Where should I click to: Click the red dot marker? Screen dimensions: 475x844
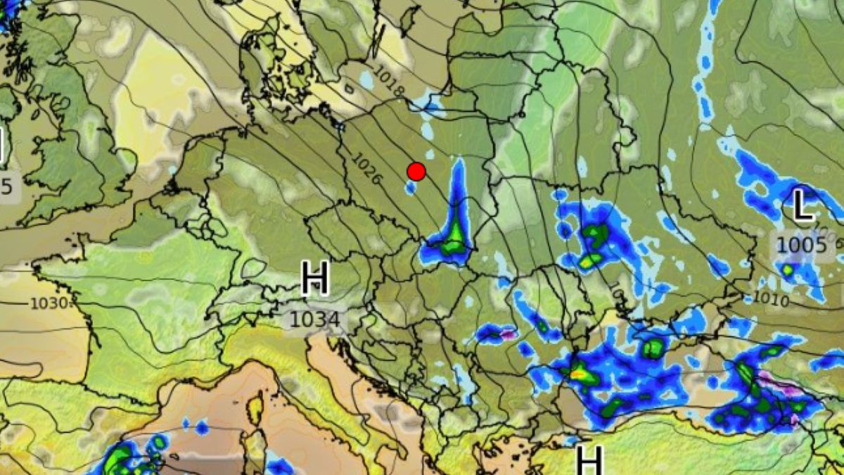(416, 171)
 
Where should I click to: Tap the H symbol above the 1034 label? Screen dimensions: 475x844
(314, 278)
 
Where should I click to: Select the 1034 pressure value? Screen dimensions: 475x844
(314, 320)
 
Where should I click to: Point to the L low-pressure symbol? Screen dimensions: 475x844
(803, 207)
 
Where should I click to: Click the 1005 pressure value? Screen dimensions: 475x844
(801, 246)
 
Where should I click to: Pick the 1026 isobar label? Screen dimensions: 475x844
(367, 170)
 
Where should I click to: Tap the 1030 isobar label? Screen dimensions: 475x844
(51, 303)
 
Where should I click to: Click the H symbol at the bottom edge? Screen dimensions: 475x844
(589, 460)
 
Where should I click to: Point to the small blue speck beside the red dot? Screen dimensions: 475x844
(409, 187)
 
